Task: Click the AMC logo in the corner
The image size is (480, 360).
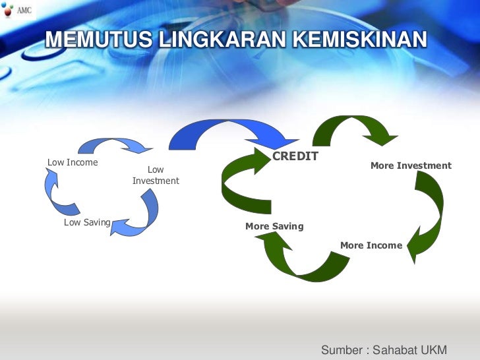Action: pyautogui.click(x=17, y=11)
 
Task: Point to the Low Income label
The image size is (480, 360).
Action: pyautogui.click(x=73, y=162)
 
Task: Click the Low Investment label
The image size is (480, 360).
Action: pyautogui.click(x=156, y=175)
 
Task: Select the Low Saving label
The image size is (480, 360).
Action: pyautogui.click(x=87, y=223)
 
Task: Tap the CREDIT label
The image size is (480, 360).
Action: pyautogui.click(x=295, y=156)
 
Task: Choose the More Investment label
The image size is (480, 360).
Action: pyautogui.click(x=411, y=165)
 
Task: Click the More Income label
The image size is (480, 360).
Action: pyautogui.click(x=371, y=245)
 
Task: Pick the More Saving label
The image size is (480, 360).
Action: pyautogui.click(x=274, y=226)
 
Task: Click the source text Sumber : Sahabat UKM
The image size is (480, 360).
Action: pyautogui.click(x=383, y=349)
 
